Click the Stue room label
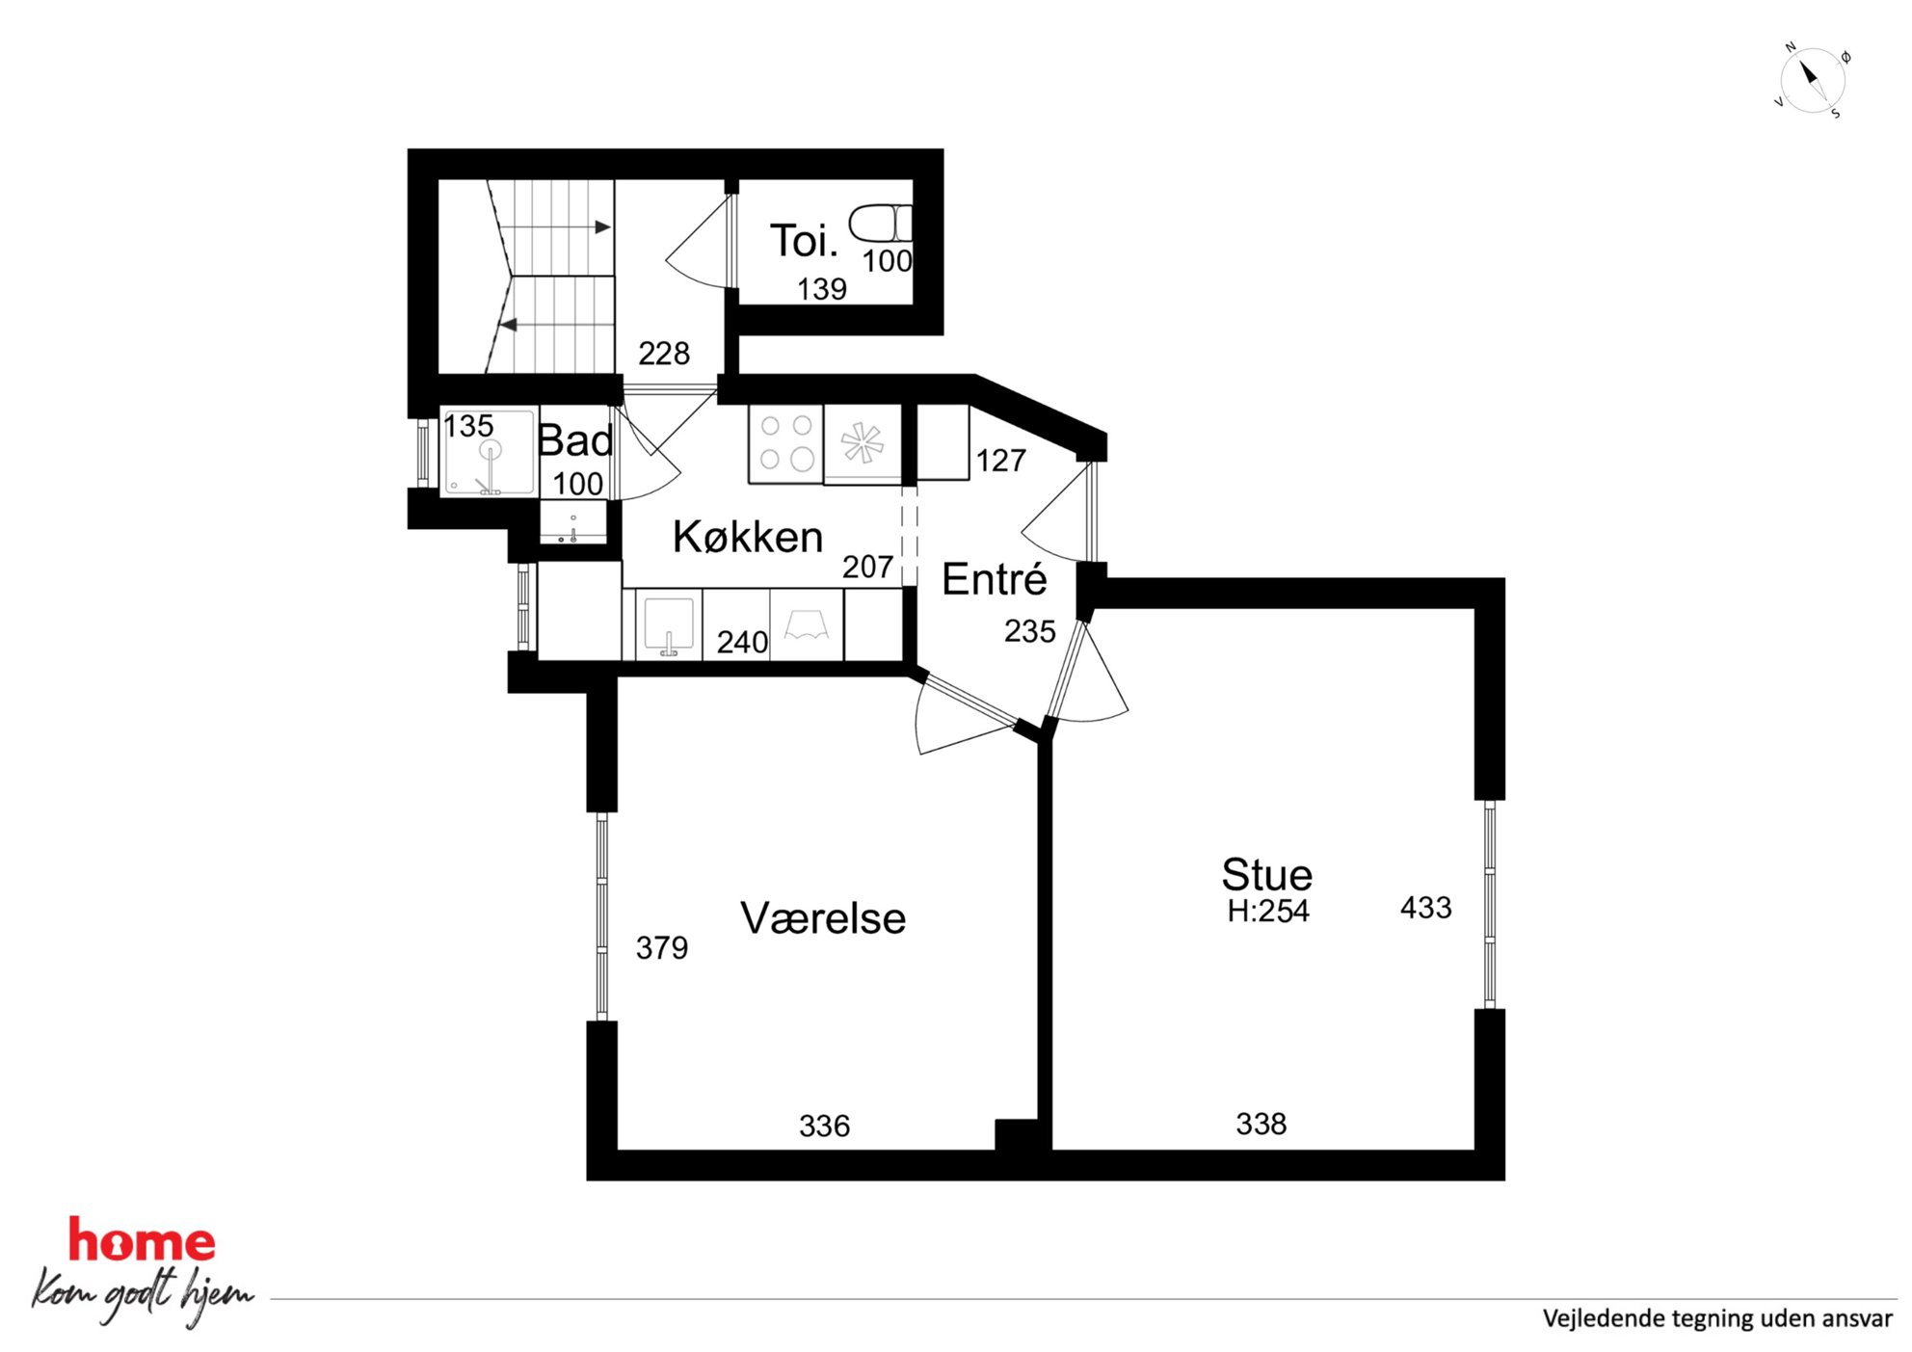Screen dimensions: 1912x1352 (x=1266, y=875)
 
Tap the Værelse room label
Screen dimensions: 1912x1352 (x=823, y=918)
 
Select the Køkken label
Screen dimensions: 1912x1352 (x=748, y=537)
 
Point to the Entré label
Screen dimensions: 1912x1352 (x=994, y=578)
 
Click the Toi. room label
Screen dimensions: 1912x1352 (x=804, y=240)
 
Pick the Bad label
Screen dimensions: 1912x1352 (x=575, y=441)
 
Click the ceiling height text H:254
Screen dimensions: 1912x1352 (x=1267, y=911)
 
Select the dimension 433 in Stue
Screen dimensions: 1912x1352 (x=1425, y=907)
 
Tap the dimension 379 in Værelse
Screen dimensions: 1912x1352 (x=662, y=948)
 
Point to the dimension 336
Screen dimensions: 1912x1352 (x=824, y=1126)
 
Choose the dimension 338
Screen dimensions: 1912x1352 (x=1261, y=1124)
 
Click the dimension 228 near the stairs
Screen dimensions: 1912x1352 (x=664, y=354)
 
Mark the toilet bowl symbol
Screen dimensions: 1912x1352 (x=880, y=223)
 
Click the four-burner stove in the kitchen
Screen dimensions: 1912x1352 (x=785, y=442)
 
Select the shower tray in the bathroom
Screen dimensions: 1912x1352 (x=489, y=452)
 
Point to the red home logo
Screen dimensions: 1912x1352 (x=142, y=1241)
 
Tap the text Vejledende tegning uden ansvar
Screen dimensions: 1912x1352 (x=1716, y=1318)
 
